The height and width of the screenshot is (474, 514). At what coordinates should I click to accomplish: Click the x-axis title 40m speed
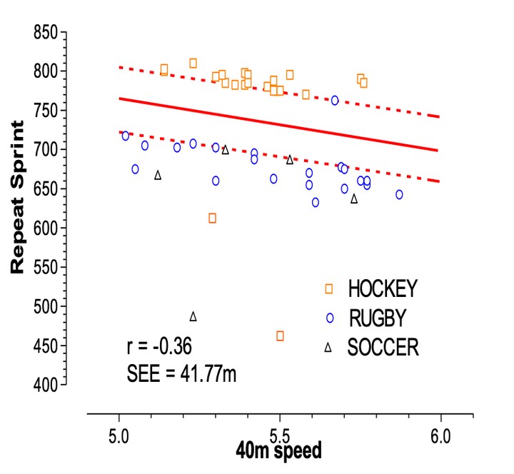click(x=279, y=451)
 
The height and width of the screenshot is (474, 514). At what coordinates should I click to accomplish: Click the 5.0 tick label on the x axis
click(x=119, y=434)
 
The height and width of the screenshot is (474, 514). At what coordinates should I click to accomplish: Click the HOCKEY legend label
click(x=382, y=289)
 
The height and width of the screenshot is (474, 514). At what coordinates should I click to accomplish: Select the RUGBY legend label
click(x=378, y=318)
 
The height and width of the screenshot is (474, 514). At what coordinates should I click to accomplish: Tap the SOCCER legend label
click(x=383, y=348)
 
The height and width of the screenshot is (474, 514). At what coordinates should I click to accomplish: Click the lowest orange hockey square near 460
click(x=280, y=336)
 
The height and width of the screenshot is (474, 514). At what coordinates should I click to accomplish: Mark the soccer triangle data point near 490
click(x=193, y=316)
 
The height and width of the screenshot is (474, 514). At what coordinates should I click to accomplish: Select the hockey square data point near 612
click(x=212, y=218)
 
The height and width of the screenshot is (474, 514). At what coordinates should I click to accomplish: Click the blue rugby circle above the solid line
click(x=335, y=101)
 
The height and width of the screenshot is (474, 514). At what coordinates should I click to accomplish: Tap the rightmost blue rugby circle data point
click(x=399, y=195)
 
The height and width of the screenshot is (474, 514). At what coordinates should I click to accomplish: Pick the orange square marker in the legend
click(x=328, y=288)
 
